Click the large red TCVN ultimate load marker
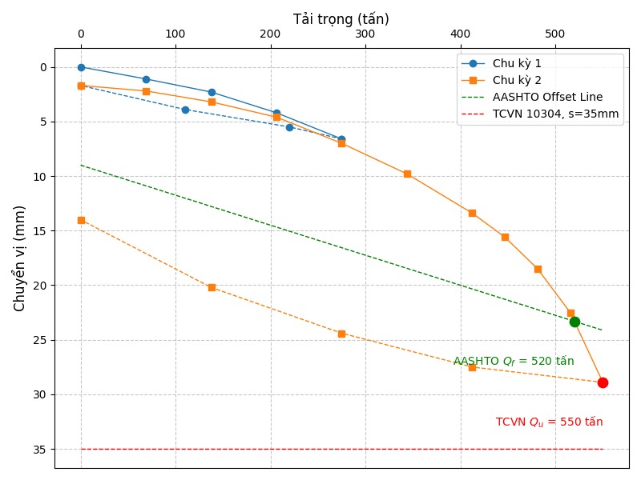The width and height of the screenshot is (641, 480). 603,382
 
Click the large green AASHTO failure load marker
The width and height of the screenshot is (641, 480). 574,322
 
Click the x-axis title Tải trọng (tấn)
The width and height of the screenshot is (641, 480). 341,19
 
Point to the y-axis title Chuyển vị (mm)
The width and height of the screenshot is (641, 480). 20,258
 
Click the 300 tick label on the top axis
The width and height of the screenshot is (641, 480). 365,34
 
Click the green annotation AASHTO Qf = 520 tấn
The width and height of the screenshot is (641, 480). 514,361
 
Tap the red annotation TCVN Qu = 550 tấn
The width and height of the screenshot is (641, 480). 549,422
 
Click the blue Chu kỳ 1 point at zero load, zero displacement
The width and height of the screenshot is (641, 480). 81,67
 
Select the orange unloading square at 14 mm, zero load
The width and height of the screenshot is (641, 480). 81,220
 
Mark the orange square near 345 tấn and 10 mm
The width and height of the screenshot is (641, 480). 407,174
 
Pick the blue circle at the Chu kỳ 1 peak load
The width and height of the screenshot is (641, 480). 341,139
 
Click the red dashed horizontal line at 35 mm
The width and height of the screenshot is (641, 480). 320,449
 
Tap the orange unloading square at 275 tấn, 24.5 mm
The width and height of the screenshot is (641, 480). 341,334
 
